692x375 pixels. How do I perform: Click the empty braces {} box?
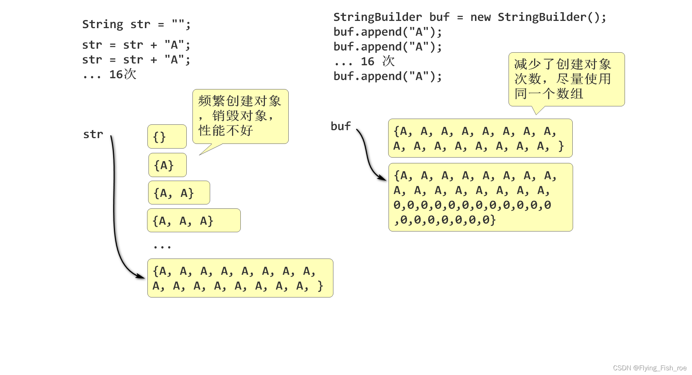[167, 137]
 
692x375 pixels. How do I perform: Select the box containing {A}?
[167, 165]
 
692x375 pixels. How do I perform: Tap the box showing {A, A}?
[179, 193]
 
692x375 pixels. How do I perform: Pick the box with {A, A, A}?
[194, 220]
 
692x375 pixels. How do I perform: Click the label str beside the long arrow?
[93, 134]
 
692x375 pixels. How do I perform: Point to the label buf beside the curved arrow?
[341, 126]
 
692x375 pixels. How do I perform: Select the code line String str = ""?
[136, 24]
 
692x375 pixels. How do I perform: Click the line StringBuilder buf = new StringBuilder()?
[469, 17]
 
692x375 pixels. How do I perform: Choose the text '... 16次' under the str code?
[109, 74]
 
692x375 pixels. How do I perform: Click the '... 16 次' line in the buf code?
[364, 61]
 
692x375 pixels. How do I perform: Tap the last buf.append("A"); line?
[387, 76]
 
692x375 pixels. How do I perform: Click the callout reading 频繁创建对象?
[240, 116]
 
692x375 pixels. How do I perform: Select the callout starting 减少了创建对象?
[566, 79]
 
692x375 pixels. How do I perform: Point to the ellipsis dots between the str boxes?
[162, 247]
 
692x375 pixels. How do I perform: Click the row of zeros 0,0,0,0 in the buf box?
[472, 205]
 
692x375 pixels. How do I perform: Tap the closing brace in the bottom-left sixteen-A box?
[320, 286]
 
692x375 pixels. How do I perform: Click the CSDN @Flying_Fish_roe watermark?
[649, 368]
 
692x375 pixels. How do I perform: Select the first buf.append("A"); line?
[387, 32]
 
